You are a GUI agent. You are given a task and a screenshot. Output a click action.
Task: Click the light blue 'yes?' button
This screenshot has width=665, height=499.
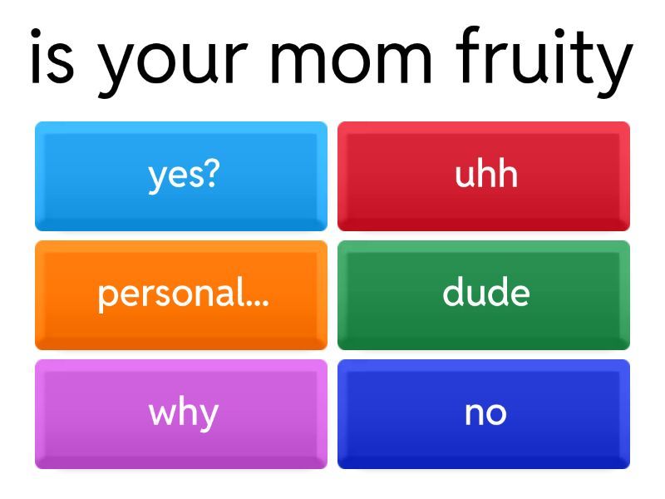[x=181, y=176]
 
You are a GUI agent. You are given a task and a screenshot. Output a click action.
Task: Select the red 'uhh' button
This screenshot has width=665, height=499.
[x=484, y=176]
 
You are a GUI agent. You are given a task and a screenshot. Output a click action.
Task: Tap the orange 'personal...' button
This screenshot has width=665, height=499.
[x=181, y=295]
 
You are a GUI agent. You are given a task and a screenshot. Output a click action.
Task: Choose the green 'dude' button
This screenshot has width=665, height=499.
[x=484, y=295]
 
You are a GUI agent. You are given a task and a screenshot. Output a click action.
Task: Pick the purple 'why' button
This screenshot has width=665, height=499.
[x=181, y=414]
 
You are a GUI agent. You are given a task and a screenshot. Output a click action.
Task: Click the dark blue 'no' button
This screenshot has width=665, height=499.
[x=484, y=414]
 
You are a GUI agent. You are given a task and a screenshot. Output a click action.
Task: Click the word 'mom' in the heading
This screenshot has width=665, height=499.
[x=351, y=62]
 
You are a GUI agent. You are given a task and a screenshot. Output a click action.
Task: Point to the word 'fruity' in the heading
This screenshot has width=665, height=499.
[x=544, y=62]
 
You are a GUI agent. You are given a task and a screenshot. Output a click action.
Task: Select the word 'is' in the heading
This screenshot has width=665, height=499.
[x=52, y=56]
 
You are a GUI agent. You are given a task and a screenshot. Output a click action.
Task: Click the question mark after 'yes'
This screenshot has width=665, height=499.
[x=212, y=173]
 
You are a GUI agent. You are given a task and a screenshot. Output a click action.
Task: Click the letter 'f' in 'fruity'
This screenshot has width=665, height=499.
[x=468, y=54]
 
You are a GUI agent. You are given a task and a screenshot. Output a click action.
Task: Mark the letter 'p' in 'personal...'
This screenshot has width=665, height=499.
[x=107, y=296]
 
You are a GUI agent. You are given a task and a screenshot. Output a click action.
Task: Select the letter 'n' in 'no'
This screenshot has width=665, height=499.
[x=474, y=413]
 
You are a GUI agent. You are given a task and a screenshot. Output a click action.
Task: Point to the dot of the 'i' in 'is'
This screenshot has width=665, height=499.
[x=36, y=33]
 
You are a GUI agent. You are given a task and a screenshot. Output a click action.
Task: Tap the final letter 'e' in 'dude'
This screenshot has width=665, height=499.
[x=520, y=294]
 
